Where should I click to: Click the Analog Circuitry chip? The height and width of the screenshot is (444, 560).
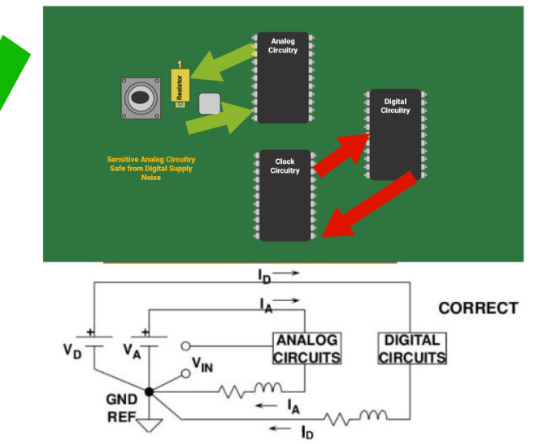(283, 78)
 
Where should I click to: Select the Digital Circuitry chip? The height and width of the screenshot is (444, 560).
(395, 134)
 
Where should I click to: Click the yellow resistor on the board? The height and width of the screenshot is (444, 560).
(179, 86)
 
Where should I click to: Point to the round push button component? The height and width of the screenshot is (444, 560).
(140, 98)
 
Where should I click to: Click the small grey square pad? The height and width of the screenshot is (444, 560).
(209, 103)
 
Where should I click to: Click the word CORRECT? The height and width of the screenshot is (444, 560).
(478, 308)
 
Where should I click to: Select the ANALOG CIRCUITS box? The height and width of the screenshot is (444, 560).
(306, 349)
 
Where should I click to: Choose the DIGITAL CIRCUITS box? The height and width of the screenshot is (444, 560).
(412, 349)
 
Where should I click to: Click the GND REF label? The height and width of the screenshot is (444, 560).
(122, 408)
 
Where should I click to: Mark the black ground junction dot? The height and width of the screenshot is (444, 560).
(149, 392)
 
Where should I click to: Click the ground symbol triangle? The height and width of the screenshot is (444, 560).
(149, 424)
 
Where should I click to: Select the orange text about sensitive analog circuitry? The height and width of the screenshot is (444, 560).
(151, 169)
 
